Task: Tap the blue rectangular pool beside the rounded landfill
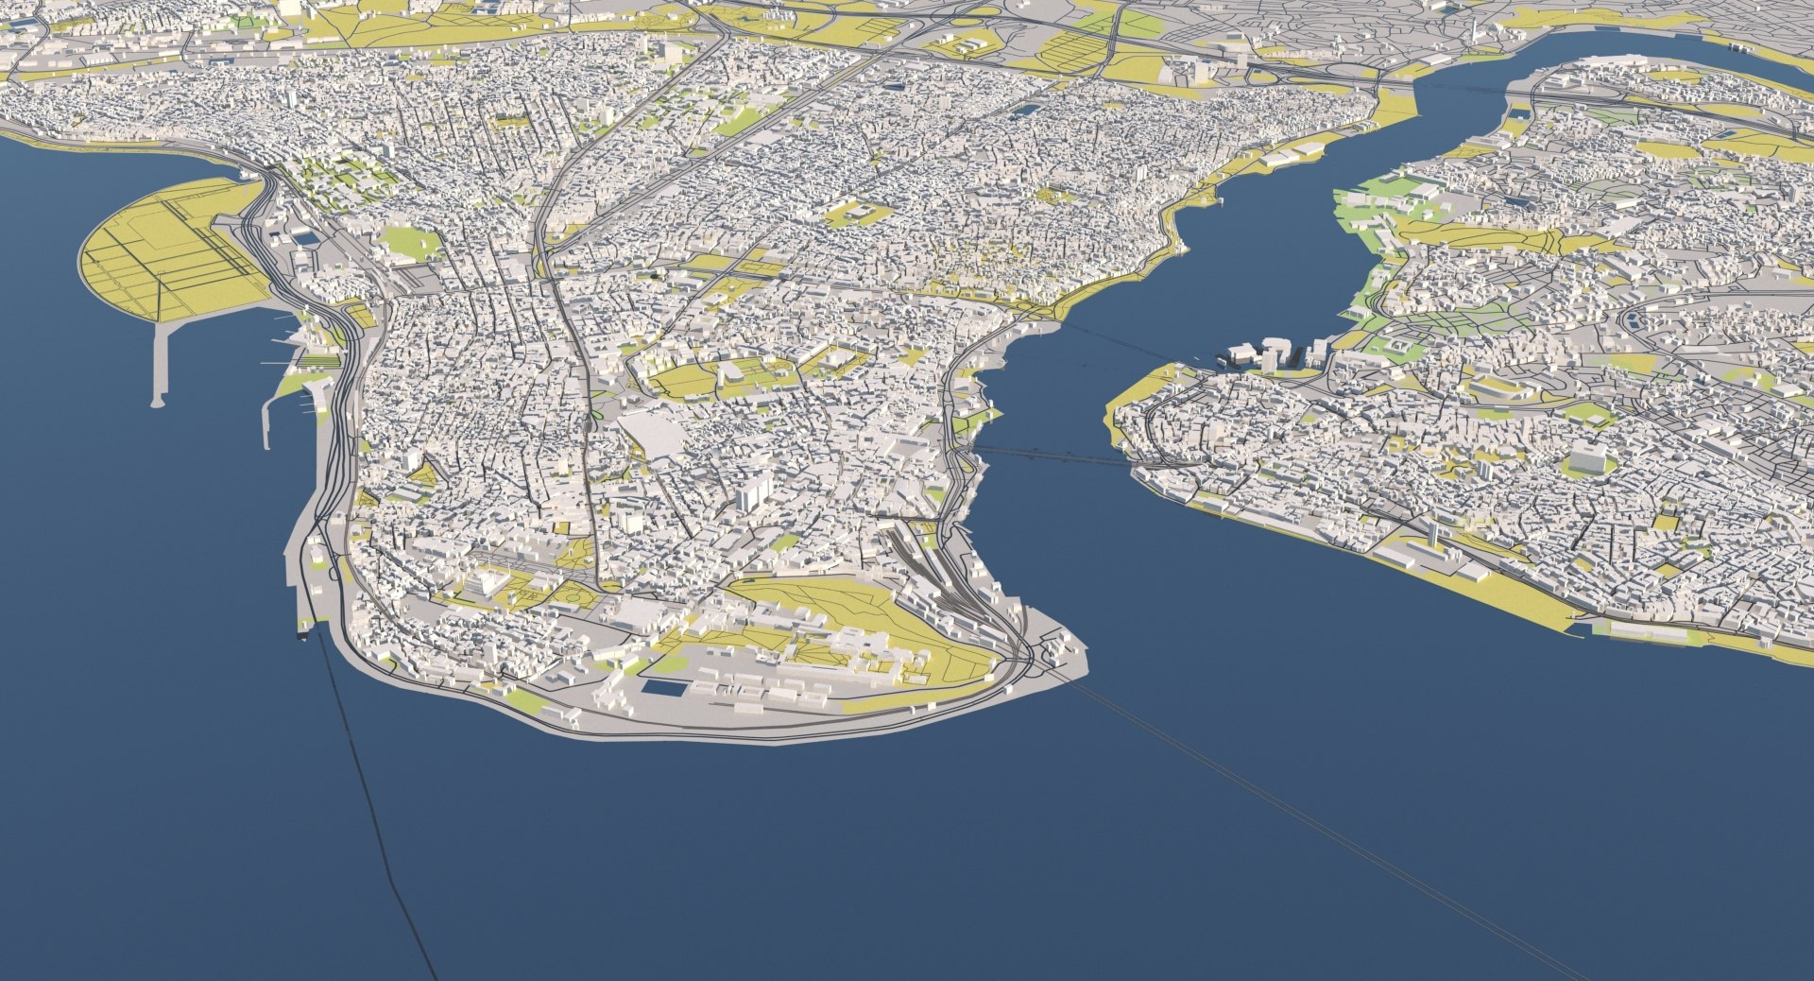[305, 239]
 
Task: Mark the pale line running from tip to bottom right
[1323, 832]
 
